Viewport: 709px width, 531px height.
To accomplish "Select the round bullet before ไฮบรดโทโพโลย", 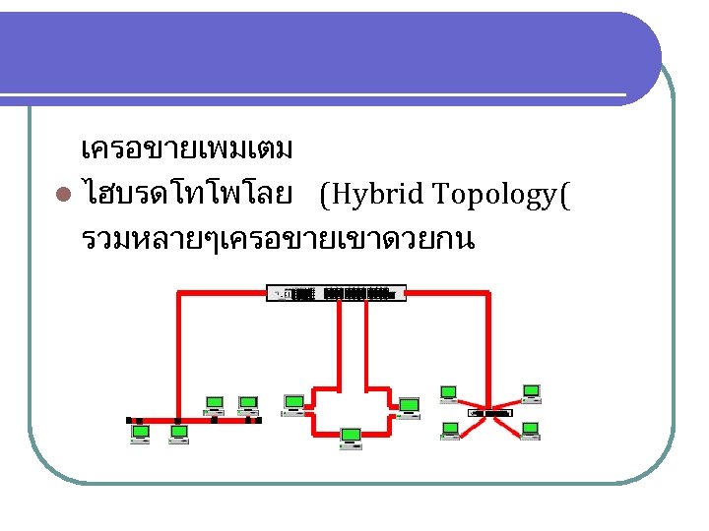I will tap(64, 197).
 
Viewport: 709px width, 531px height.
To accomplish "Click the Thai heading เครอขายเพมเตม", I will tap(187, 150).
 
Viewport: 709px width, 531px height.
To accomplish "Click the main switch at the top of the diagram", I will tap(336, 293).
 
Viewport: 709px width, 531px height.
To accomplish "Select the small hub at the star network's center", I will tap(489, 413).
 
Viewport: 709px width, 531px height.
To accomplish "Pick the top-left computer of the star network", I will tap(449, 394).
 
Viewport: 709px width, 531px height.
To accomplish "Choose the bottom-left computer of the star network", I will tap(450, 430).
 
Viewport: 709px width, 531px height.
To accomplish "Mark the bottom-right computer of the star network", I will tap(531, 430).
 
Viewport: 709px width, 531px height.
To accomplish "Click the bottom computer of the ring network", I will tap(351, 438).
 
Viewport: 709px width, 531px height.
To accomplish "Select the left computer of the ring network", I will tap(293, 403).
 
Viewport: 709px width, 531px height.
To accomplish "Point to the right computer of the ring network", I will tap(408, 405).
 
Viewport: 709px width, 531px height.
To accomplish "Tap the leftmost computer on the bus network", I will tap(141, 434).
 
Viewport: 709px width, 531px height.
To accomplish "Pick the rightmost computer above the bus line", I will tap(248, 404).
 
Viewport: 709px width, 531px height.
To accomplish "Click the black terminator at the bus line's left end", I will tap(129, 420).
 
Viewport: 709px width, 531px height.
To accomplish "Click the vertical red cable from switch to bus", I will tap(177, 354).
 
